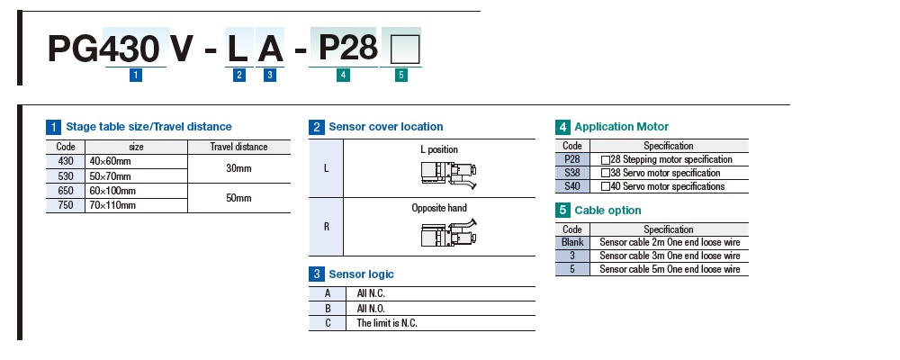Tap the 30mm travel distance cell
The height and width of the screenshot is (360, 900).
tap(238, 167)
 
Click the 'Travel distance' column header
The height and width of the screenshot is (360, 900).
tap(238, 147)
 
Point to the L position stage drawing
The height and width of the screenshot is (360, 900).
tap(450, 174)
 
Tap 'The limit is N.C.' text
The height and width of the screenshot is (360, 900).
tap(387, 322)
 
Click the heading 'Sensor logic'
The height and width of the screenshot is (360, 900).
tap(361, 274)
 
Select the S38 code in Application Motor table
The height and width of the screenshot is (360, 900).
tap(572, 173)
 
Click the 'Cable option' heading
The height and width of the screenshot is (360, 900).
tap(607, 211)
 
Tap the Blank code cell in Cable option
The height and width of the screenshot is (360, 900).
tap(572, 242)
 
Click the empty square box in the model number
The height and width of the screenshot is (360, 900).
tap(400, 48)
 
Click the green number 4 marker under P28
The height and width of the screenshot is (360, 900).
tap(343, 76)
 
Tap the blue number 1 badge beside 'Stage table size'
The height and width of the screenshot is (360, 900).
tap(54, 127)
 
